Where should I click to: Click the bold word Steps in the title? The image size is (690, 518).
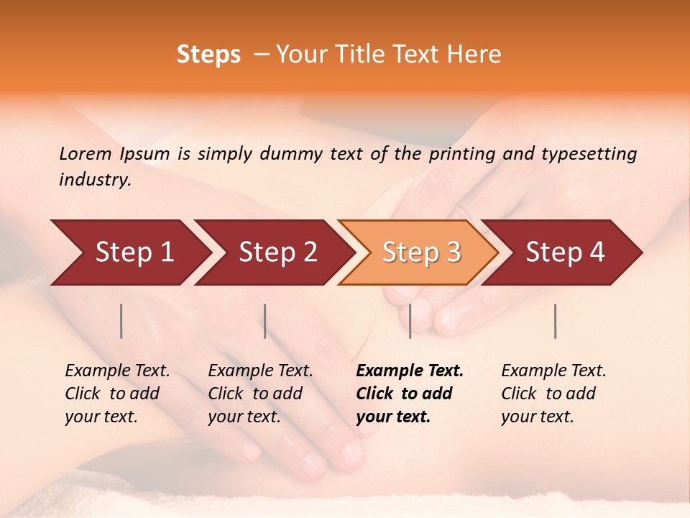[208, 55]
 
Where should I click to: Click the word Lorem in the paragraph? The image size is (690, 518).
[86, 153]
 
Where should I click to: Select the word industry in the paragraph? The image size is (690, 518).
[94, 180]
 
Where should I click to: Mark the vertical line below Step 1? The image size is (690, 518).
[121, 321]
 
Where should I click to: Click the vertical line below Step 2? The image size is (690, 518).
[265, 321]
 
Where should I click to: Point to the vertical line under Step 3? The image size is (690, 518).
[410, 321]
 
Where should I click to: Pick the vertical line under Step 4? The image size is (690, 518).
[555, 321]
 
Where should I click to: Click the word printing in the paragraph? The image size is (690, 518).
[462, 153]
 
